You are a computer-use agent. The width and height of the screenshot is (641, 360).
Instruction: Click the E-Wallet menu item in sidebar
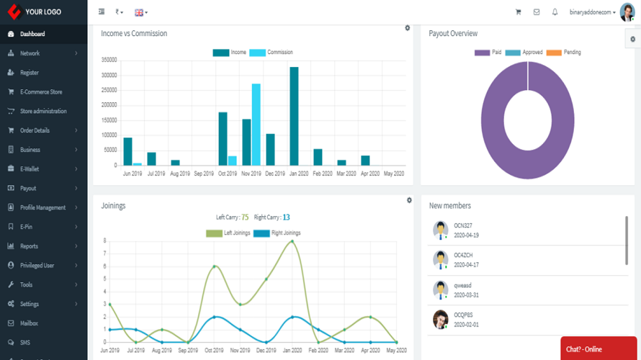click(30, 169)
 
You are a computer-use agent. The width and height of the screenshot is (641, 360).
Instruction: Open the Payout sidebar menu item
click(28, 189)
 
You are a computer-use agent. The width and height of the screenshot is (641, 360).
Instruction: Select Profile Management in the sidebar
click(42, 207)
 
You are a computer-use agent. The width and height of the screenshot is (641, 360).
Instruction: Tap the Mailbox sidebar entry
click(29, 323)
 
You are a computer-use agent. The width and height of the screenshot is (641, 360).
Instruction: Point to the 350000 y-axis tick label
click(109, 60)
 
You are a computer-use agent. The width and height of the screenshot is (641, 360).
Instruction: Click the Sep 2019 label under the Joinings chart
click(187, 351)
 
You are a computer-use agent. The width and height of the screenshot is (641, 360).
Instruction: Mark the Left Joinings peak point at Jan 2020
click(292, 241)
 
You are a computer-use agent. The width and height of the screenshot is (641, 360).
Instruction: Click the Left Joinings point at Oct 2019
click(214, 266)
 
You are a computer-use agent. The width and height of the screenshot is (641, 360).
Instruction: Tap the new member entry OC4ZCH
click(463, 256)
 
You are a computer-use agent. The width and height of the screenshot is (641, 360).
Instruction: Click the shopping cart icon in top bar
click(518, 12)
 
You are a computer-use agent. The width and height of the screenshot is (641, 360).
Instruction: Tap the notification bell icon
click(555, 12)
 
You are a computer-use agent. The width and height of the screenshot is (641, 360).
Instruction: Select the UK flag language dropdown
click(140, 12)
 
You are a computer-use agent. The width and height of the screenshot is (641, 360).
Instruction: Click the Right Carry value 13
click(286, 217)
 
